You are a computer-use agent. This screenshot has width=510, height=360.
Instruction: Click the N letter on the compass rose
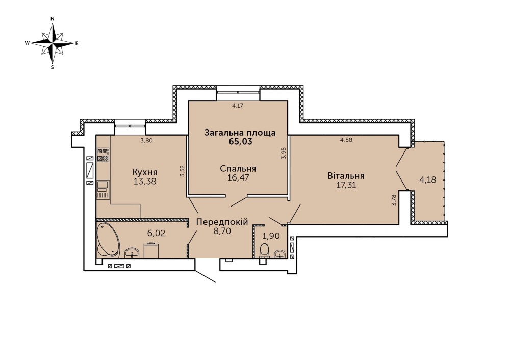click(x=53, y=19)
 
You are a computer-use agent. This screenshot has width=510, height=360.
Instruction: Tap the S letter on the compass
click(x=53, y=67)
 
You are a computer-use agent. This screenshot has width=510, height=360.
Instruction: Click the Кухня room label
click(x=145, y=172)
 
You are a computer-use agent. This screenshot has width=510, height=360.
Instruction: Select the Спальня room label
click(x=238, y=169)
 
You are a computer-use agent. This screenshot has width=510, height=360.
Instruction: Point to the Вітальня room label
click(x=346, y=176)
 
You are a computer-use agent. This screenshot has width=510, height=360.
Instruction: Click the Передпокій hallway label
click(x=222, y=222)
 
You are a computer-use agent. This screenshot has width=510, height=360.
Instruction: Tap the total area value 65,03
click(x=240, y=141)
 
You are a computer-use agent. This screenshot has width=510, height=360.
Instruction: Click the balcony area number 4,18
click(x=427, y=179)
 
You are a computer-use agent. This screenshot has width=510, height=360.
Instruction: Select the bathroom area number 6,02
click(x=156, y=233)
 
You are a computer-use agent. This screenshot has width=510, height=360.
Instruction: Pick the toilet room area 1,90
click(x=271, y=236)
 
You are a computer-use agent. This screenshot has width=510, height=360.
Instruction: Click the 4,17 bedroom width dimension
click(x=238, y=105)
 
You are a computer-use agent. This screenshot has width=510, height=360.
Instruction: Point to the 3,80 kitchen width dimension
click(x=146, y=141)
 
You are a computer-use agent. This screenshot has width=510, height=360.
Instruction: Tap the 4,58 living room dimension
click(x=346, y=140)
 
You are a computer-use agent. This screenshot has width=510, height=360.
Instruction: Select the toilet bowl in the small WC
click(x=265, y=250)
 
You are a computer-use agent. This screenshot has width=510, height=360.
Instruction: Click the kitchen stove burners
click(x=103, y=155)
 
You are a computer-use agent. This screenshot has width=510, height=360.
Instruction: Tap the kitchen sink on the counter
click(x=103, y=186)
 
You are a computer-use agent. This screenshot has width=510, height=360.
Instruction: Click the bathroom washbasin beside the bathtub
click(x=132, y=252)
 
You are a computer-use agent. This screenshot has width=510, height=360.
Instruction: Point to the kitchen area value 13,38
click(x=145, y=181)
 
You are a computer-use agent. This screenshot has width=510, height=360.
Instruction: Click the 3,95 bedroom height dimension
click(x=283, y=153)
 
